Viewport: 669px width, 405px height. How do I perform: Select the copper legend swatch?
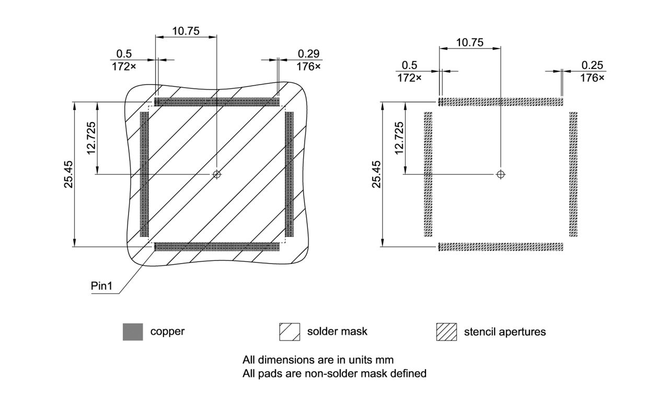[x=133, y=332]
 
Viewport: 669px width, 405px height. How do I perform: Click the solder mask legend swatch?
[x=290, y=332]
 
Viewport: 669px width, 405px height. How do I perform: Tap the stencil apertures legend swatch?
[x=446, y=332]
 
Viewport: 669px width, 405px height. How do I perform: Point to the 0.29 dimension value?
[x=309, y=54]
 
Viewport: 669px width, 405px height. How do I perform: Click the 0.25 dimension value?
[x=592, y=65]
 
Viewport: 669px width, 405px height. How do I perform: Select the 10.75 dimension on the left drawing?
[x=186, y=31]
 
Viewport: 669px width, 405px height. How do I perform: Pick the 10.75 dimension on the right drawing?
[x=469, y=42]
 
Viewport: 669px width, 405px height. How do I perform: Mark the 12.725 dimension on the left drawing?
[x=91, y=138]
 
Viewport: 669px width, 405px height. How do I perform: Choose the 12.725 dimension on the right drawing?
[x=399, y=138]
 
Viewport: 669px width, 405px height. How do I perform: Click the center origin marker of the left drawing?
[x=216, y=174]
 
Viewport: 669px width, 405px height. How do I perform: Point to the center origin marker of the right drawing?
[x=501, y=174]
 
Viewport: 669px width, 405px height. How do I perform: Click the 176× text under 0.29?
[x=309, y=67]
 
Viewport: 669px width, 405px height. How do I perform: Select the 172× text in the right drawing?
[x=409, y=78]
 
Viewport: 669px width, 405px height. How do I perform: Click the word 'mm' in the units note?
[x=384, y=360]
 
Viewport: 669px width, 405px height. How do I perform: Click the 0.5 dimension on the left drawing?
[x=124, y=54]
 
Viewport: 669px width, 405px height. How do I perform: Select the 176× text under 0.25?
[x=592, y=78]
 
